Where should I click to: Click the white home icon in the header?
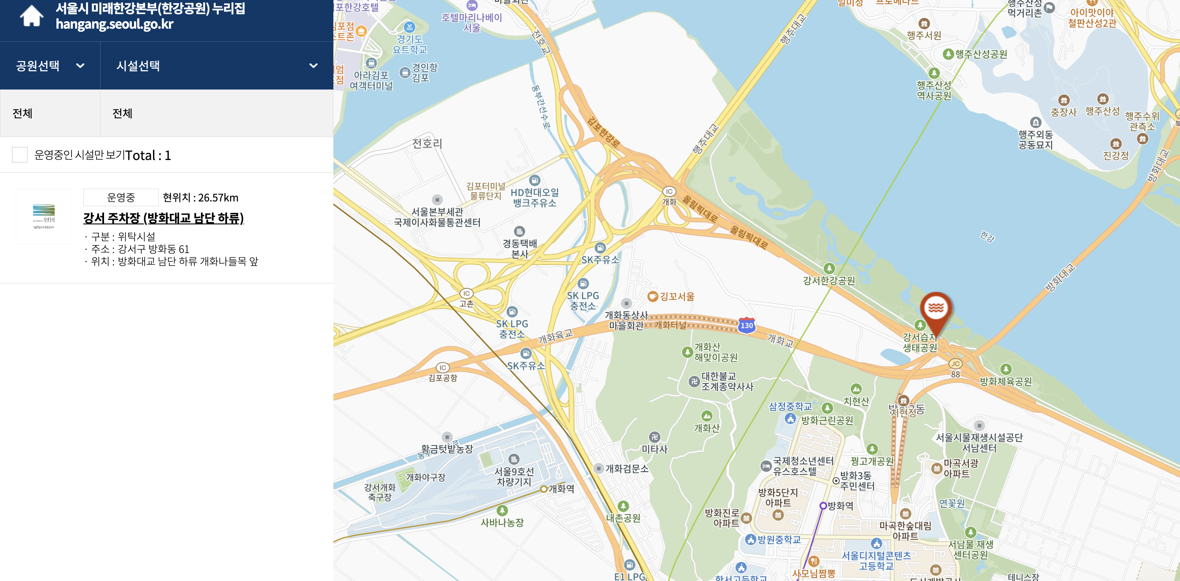[32, 16]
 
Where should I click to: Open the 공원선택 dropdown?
[50, 66]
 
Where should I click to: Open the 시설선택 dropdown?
[216, 66]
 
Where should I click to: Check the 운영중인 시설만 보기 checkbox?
[20, 155]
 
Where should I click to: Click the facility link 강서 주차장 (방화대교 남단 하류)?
[163, 218]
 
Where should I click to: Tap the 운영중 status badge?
[121, 197]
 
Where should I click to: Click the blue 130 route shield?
[747, 325]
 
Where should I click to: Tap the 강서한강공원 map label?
[829, 280]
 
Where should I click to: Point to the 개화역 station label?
[561, 488]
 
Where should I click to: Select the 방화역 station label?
[840, 506]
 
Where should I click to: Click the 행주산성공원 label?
[981, 54]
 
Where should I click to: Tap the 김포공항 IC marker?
[443, 368]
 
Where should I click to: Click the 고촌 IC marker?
[467, 294]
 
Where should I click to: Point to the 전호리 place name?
[427, 143]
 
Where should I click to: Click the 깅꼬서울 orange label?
[676, 296]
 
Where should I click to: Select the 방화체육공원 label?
[1005, 381]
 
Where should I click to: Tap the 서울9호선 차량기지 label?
[514, 476]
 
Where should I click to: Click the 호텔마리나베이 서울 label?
[472, 22]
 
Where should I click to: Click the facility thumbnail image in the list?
[44, 216]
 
